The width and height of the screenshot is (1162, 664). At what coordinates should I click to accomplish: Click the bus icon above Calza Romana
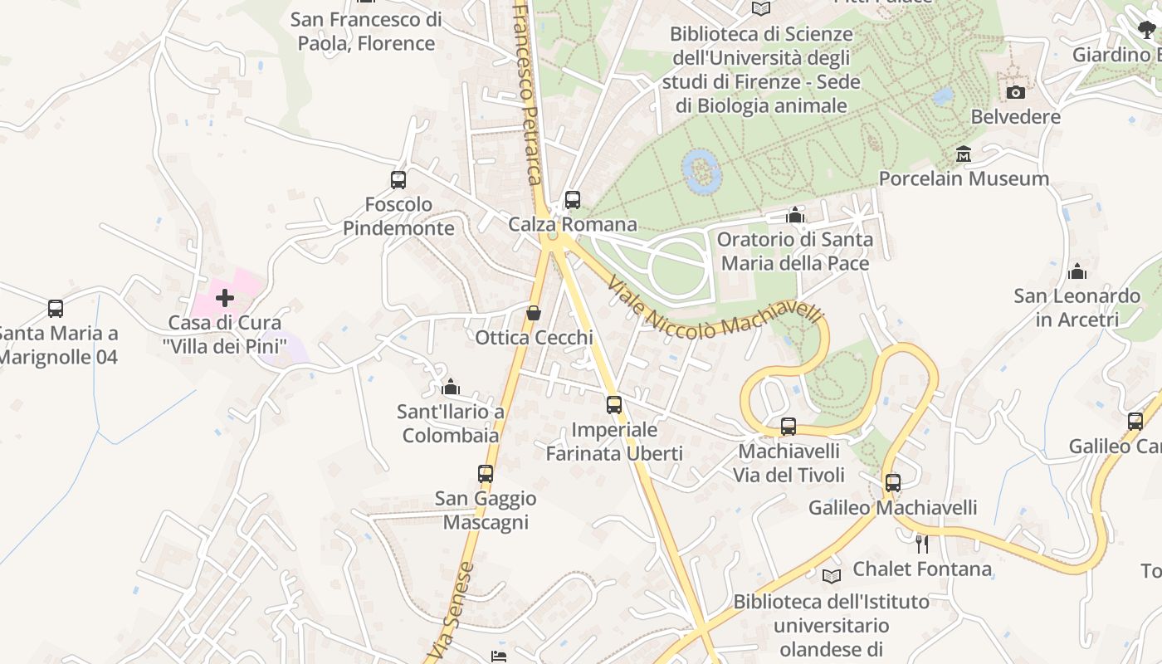[573, 200]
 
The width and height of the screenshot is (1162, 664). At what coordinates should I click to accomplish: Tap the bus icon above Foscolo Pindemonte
[398, 180]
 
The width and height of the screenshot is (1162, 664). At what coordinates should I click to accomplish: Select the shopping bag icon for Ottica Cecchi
[534, 313]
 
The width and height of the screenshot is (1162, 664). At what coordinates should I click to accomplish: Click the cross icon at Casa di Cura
[225, 297]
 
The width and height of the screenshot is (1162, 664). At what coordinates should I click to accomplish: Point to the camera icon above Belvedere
[1015, 92]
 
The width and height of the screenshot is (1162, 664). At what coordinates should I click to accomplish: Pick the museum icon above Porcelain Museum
[964, 154]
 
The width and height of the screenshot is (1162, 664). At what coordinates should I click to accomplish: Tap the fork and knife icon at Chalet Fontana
[921, 544]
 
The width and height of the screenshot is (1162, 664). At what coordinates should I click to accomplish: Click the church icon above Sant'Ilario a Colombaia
[451, 387]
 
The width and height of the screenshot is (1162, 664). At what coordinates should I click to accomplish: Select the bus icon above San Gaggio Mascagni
[486, 474]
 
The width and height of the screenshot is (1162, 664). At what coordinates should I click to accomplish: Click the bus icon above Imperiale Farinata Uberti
[614, 405]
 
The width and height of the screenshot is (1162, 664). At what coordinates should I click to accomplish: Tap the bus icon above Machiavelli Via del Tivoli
[788, 427]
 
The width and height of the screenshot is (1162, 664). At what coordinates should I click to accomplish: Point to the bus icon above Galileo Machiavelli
[893, 483]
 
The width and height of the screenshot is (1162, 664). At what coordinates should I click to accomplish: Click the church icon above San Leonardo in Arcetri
[1077, 271]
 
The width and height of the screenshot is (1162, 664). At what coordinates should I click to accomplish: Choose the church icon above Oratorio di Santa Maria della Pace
[795, 216]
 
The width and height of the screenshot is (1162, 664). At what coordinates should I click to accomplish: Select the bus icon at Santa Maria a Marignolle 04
[56, 309]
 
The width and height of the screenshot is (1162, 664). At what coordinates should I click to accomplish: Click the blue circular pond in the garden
[702, 172]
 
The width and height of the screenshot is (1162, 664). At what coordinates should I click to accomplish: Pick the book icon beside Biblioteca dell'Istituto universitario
[831, 576]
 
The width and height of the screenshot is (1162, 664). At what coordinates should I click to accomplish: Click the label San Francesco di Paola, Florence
[366, 31]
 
